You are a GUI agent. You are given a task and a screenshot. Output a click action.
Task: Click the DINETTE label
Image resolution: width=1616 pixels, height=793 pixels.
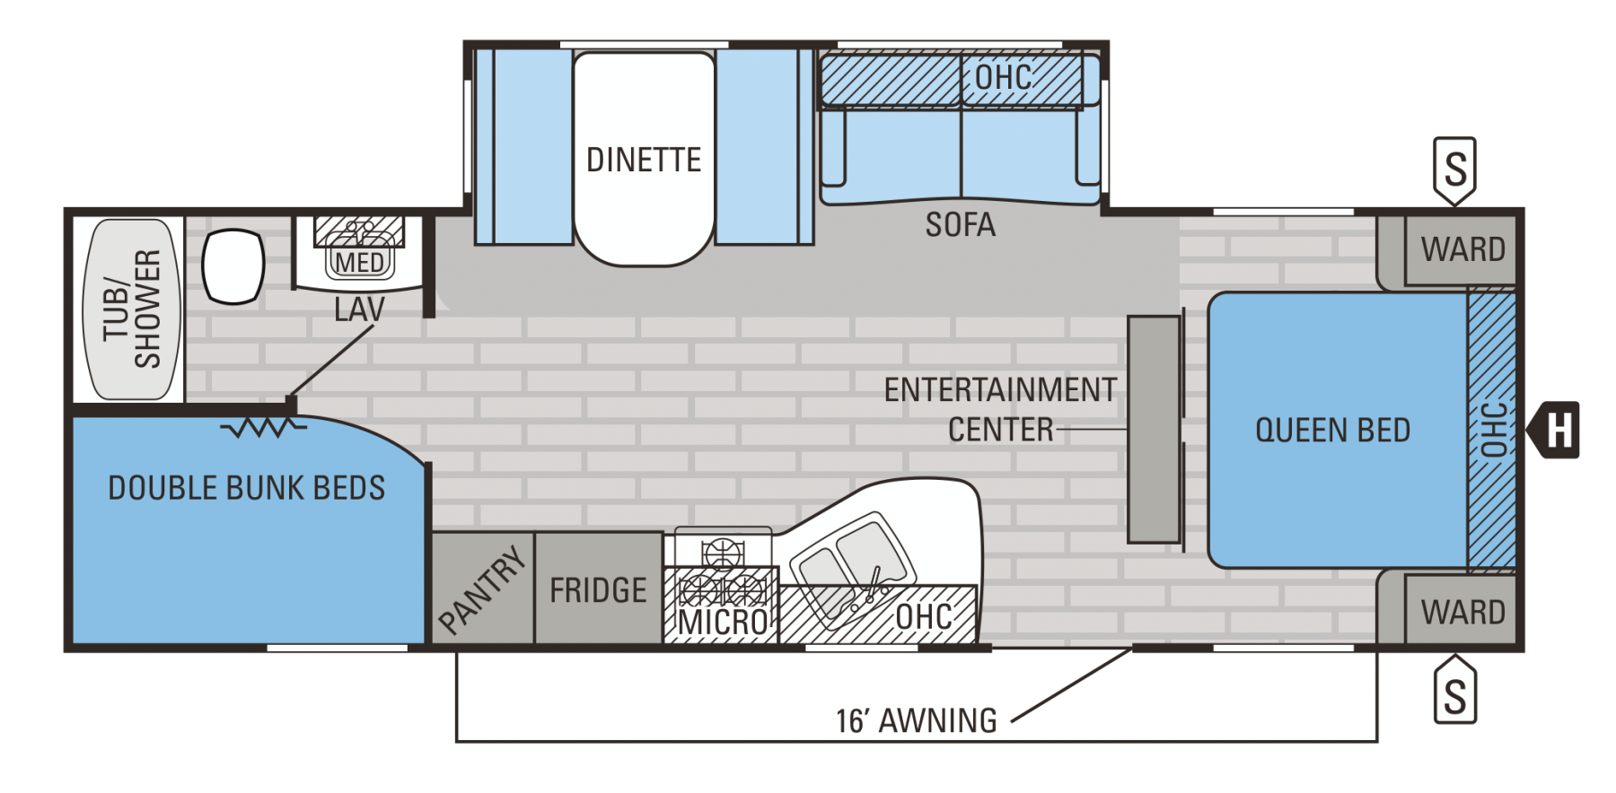tap(643, 160)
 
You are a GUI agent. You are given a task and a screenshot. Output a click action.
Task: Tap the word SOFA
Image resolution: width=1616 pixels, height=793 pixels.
tap(960, 224)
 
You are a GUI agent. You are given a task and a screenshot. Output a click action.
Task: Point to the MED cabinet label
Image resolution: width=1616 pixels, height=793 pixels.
tap(359, 263)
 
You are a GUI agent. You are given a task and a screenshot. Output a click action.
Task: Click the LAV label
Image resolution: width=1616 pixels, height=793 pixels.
tap(359, 309)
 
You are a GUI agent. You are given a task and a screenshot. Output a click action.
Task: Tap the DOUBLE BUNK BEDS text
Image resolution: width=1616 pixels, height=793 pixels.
tap(246, 488)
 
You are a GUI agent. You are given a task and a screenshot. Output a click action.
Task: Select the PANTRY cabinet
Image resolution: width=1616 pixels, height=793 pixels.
tap(483, 588)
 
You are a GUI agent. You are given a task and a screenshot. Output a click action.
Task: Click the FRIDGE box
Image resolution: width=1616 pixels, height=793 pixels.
tap(598, 590)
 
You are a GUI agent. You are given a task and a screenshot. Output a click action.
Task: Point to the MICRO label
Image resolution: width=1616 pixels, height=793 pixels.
tap(723, 621)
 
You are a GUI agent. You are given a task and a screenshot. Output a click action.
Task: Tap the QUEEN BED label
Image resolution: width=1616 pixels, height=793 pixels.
tap(1332, 431)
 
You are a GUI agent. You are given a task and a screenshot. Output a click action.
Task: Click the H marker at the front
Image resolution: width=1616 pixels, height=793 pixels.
tap(1560, 431)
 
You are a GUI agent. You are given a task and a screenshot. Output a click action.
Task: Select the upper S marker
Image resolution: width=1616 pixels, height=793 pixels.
tap(1455, 169)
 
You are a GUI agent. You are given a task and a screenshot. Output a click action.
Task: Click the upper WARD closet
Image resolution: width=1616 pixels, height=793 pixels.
tap(1462, 249)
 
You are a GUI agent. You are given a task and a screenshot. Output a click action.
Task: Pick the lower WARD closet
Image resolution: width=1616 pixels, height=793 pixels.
tap(1462, 612)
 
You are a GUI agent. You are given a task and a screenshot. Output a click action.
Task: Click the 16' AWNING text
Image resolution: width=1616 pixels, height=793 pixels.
tap(916, 720)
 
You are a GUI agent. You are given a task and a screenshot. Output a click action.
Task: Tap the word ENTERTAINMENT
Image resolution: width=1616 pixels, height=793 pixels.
tap(1000, 390)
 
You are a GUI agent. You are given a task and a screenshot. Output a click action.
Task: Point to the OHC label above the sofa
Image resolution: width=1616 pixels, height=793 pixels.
tap(1003, 78)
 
